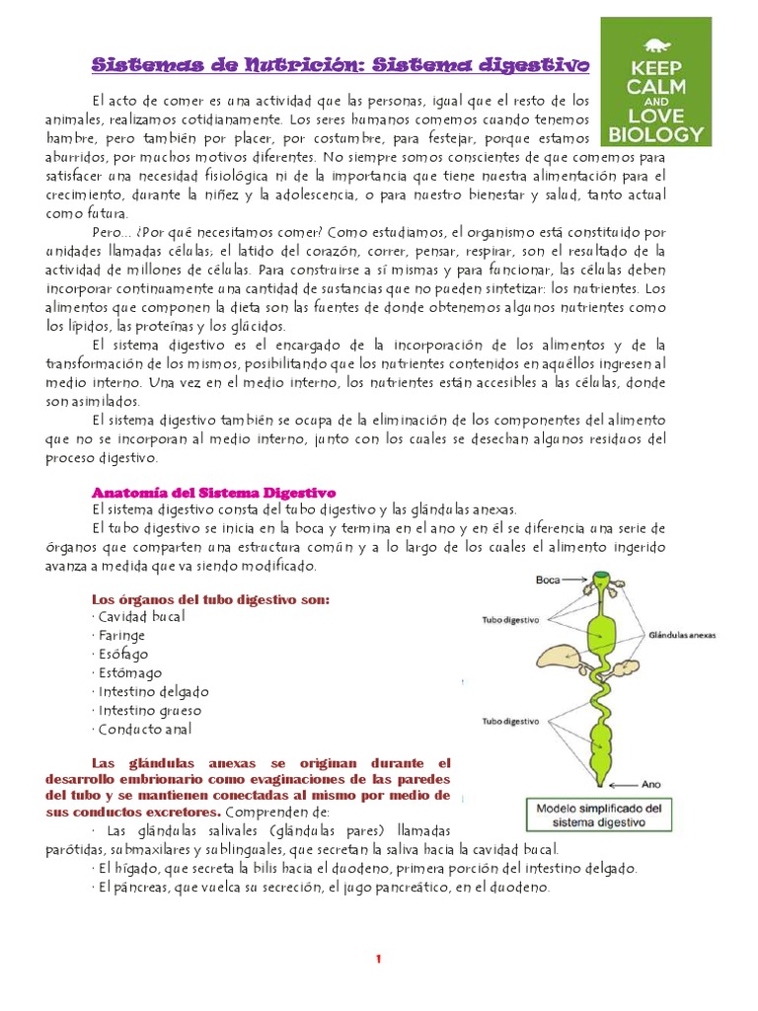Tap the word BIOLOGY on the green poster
click(x=656, y=133)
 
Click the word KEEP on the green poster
click(x=656, y=70)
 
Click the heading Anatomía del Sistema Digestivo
click(x=214, y=491)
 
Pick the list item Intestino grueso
click(x=150, y=710)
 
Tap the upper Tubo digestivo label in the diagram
click(x=509, y=622)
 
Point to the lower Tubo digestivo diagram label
click(x=509, y=720)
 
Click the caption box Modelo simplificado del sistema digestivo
click(x=605, y=815)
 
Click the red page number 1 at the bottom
click(x=378, y=959)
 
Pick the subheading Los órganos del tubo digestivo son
click(x=210, y=599)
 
